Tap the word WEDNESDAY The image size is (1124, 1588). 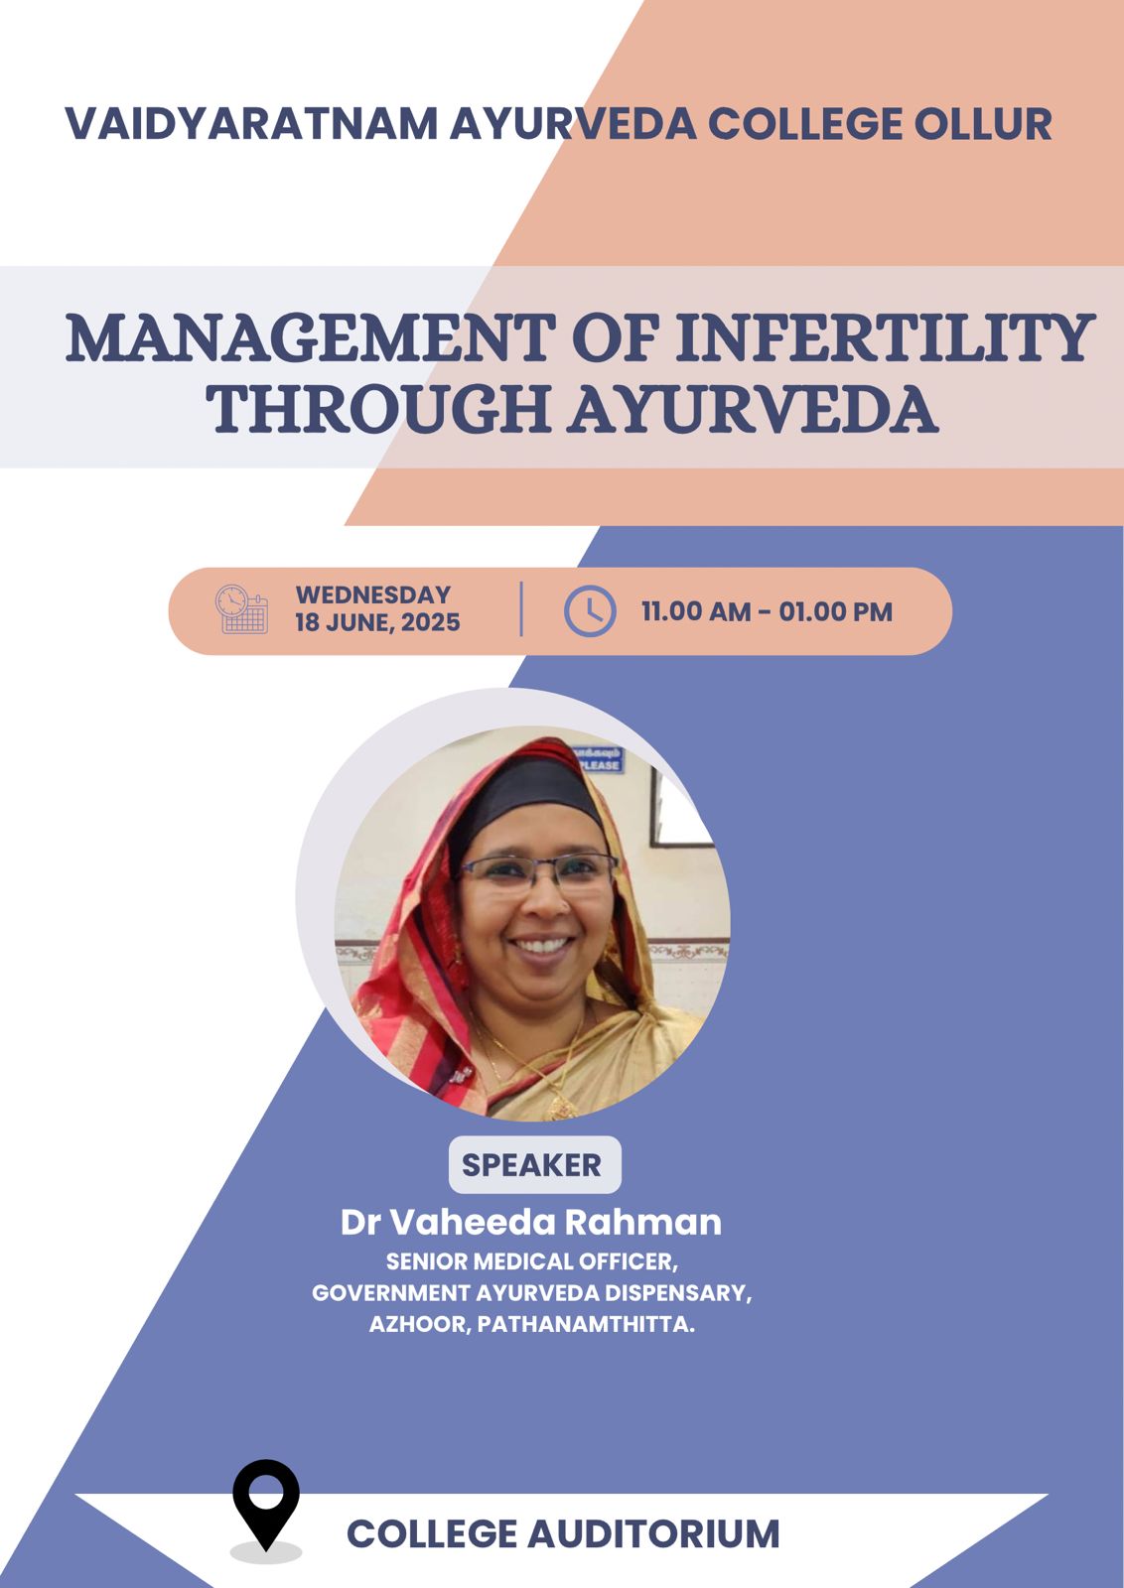pos(373,595)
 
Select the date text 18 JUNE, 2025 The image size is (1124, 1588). pos(378,622)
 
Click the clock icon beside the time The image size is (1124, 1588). pos(590,610)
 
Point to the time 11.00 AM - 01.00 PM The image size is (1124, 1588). pos(767,611)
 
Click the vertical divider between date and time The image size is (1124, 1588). pos(521,609)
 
